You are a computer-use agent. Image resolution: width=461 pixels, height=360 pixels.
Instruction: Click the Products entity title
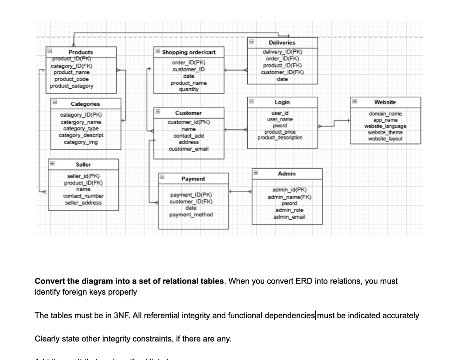[81, 52]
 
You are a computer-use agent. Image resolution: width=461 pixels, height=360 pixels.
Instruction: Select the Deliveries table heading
[282, 42]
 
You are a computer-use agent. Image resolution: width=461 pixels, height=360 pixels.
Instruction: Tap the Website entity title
[385, 103]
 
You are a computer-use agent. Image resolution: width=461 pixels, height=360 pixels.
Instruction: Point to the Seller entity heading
[83, 165]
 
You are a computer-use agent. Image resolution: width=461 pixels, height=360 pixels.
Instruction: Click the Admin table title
[287, 174]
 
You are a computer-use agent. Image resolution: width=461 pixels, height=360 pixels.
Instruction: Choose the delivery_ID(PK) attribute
[282, 52]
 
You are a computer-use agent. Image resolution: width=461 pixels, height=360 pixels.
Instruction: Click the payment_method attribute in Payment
[191, 215]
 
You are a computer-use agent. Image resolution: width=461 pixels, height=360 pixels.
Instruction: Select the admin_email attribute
[289, 217]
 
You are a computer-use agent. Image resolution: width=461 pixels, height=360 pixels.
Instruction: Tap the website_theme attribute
[385, 132]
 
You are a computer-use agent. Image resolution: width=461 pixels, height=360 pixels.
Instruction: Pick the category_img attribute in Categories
[81, 142]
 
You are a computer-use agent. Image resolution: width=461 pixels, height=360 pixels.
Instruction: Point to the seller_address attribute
[83, 202]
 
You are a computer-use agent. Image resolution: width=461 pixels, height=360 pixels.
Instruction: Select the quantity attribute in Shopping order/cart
[189, 89]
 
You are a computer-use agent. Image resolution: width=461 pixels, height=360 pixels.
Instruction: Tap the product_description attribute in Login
[280, 137]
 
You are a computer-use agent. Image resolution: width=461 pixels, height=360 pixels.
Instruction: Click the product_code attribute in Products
[72, 79]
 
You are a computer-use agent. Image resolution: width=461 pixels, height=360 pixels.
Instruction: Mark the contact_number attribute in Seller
[83, 196]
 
